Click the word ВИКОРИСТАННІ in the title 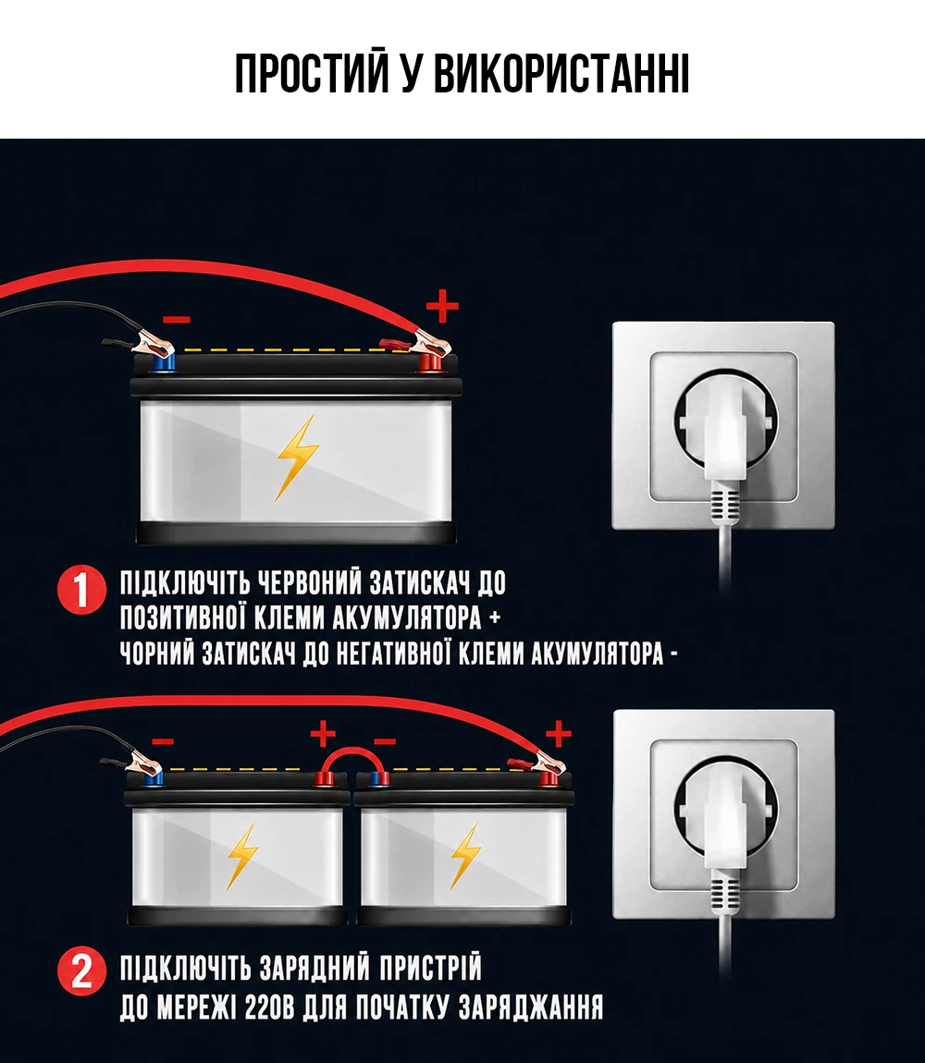561,73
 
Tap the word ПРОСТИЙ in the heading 312,72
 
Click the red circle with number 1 81,590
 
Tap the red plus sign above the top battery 442,307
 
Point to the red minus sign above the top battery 177,320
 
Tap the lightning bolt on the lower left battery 241,856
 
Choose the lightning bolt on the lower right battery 465,856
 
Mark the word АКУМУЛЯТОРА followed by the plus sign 407,617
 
